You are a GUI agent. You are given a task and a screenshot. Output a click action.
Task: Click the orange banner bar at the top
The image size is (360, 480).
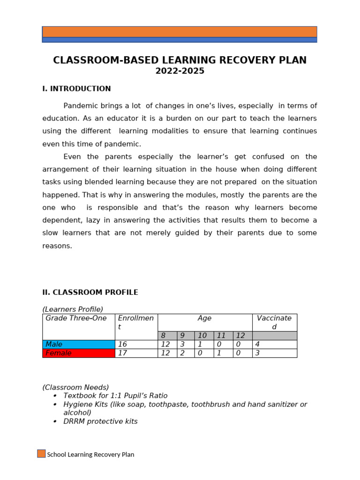click(180, 32)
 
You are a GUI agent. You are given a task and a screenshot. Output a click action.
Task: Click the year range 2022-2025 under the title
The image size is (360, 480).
click(180, 71)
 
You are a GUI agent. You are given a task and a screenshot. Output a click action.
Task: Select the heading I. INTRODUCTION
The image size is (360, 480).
click(76, 89)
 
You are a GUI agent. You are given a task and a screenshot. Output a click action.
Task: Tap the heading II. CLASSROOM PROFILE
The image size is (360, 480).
click(90, 292)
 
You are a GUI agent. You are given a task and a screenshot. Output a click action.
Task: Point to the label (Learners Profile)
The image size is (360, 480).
click(73, 309)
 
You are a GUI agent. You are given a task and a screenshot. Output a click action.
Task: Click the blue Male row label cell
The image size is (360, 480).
click(78, 345)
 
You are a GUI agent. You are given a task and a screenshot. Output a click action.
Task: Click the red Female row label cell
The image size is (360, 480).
click(78, 353)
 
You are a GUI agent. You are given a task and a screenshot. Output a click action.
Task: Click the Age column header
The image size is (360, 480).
click(204, 318)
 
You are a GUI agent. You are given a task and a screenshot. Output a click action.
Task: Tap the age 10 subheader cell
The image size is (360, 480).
click(204, 336)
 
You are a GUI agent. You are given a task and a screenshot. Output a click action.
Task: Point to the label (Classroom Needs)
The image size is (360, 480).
click(75, 388)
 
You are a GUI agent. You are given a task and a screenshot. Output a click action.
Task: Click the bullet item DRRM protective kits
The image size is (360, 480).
click(100, 421)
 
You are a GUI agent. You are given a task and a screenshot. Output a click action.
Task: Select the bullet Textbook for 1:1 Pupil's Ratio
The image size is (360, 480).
click(115, 396)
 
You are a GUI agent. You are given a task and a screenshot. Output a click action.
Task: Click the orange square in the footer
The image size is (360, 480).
click(41, 454)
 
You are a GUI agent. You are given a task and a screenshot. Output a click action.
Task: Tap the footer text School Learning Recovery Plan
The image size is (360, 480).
click(90, 455)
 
